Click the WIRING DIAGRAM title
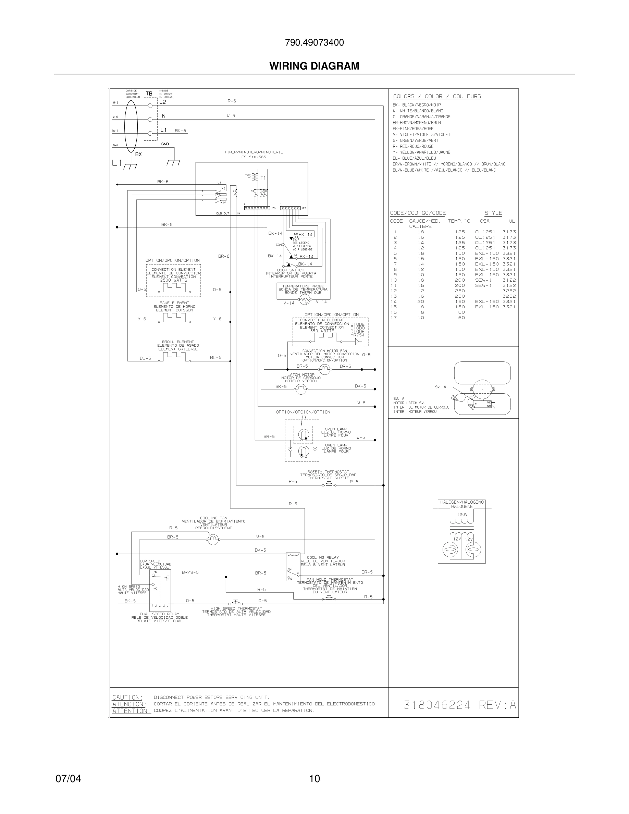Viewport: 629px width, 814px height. (314, 66)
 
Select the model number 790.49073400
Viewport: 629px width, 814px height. (314, 42)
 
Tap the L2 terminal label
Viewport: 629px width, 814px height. (163, 102)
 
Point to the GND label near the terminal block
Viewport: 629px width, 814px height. (165, 144)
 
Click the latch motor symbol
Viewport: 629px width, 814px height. (301, 389)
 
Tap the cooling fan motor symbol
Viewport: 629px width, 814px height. (213, 540)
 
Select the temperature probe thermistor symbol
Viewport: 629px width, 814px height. (305, 299)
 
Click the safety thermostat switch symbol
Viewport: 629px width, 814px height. (329, 484)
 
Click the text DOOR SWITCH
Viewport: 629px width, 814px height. (291, 270)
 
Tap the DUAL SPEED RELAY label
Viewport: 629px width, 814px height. (160, 614)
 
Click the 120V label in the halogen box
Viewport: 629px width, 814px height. (462, 514)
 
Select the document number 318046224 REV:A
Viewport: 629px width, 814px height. (460, 705)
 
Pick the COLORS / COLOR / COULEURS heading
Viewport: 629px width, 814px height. (437, 96)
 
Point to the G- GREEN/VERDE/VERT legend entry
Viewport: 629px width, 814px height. (416, 140)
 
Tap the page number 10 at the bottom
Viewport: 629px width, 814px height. (314, 779)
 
